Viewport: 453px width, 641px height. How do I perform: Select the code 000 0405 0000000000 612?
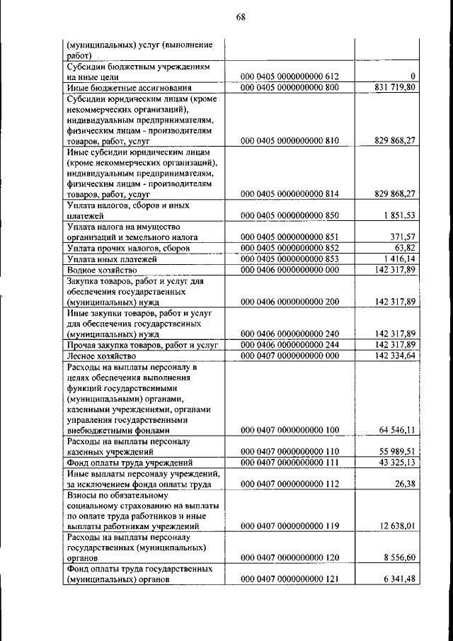[x=290, y=76]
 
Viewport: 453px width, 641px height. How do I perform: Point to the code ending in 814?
[x=290, y=193]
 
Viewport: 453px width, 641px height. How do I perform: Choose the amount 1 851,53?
[x=398, y=215]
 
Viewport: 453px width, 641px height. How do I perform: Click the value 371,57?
[x=403, y=237]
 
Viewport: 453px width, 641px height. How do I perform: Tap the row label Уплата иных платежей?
[x=111, y=259]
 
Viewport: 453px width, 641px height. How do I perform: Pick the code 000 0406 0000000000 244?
[x=290, y=344]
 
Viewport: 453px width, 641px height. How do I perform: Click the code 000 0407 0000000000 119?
[x=290, y=526]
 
